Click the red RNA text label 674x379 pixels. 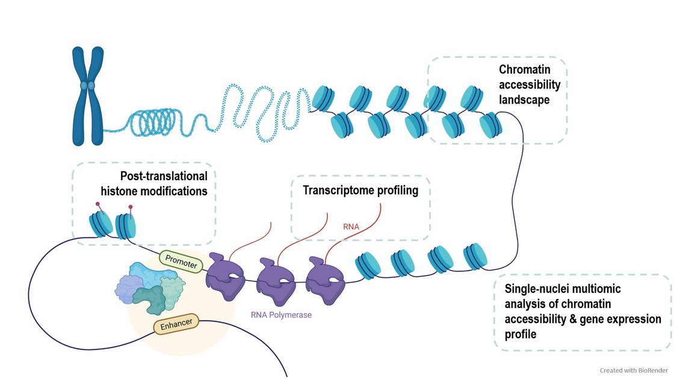[351, 227]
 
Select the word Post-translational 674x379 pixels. [164, 176]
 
